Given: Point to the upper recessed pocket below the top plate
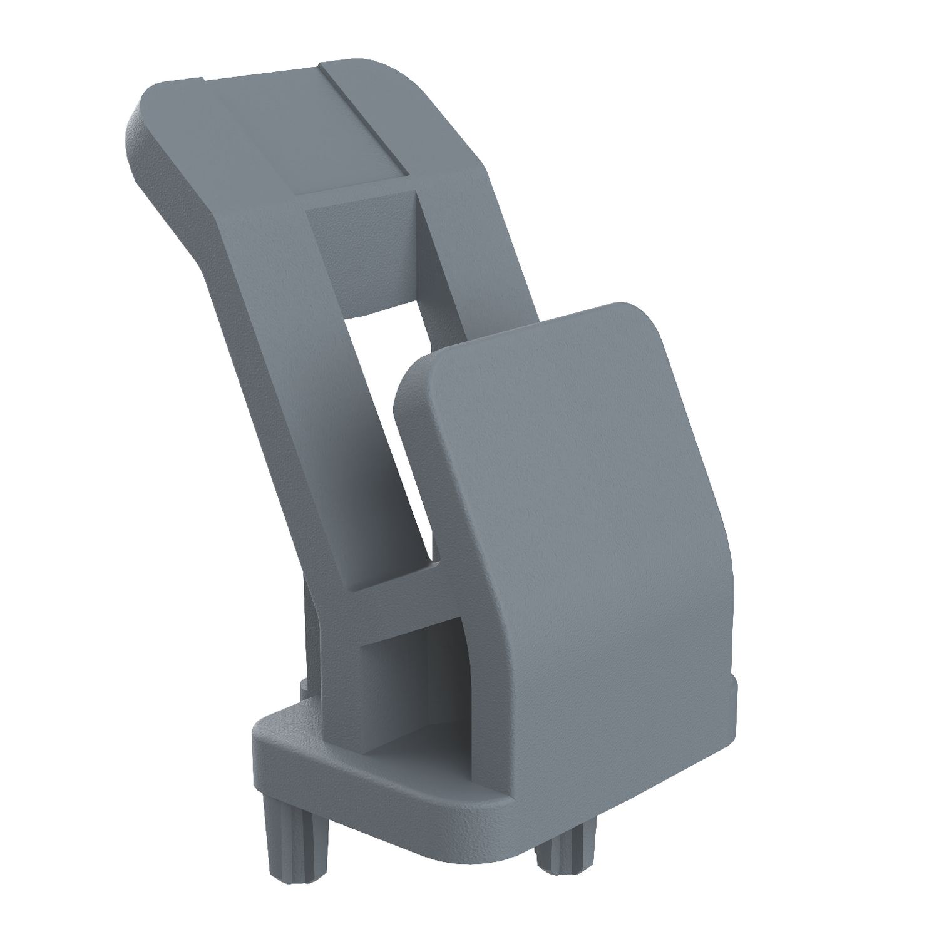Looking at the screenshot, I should point(363,250).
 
